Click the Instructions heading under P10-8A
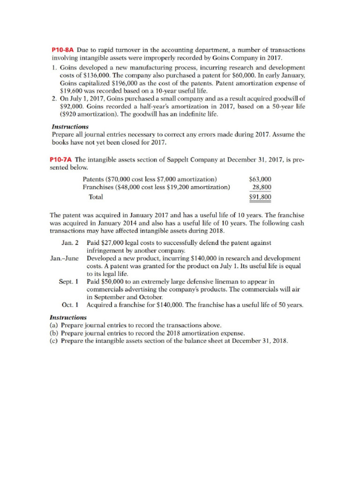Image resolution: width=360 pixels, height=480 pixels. (69, 127)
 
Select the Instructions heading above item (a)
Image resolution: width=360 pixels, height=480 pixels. (68, 317)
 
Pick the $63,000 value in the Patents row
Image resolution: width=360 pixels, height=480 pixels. (260, 180)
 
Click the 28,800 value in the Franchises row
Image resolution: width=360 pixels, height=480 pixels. (262, 187)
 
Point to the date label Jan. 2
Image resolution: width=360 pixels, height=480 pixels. (70, 243)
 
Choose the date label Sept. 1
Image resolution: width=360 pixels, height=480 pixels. (68, 281)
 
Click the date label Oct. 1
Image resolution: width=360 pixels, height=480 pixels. (70, 304)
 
